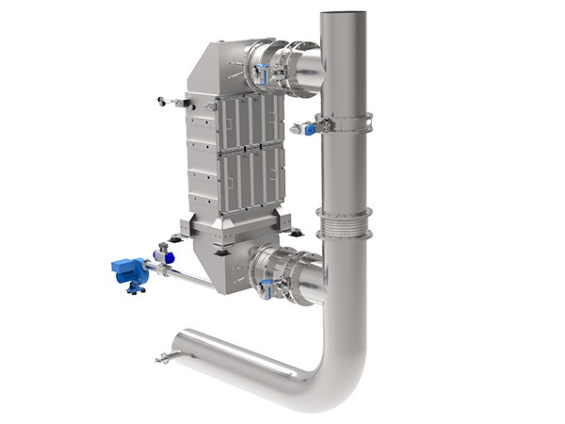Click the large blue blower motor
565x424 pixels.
point(128,270)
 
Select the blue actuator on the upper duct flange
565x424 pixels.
point(266,70)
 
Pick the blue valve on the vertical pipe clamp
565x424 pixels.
point(309,129)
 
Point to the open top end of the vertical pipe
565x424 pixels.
point(343,14)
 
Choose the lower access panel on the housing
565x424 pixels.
point(250,179)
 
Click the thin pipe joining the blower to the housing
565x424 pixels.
point(184,275)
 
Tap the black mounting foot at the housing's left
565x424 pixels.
point(175,238)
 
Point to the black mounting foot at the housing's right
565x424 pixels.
point(296,232)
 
